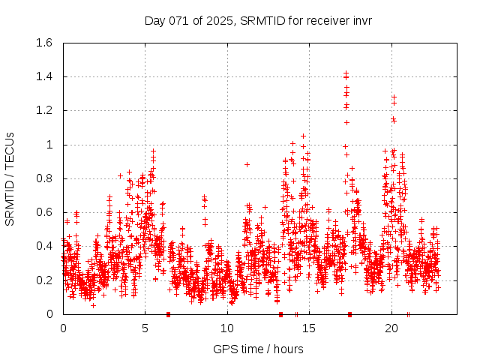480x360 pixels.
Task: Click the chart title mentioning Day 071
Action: pos(258,20)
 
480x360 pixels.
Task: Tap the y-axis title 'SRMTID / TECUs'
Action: pos(10,178)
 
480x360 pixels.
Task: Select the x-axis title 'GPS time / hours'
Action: pos(258,349)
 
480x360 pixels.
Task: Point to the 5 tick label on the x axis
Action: pos(145,328)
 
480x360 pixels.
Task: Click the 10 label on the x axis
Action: pos(226,328)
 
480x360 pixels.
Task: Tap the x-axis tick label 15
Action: pos(309,328)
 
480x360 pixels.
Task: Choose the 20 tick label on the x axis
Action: pos(391,328)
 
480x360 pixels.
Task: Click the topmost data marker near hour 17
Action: pos(346,73)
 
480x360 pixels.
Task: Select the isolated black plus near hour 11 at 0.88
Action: pos(247,164)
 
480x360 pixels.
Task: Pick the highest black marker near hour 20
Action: pos(394,96)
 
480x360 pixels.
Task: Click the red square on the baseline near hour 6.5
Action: pos(169,314)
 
